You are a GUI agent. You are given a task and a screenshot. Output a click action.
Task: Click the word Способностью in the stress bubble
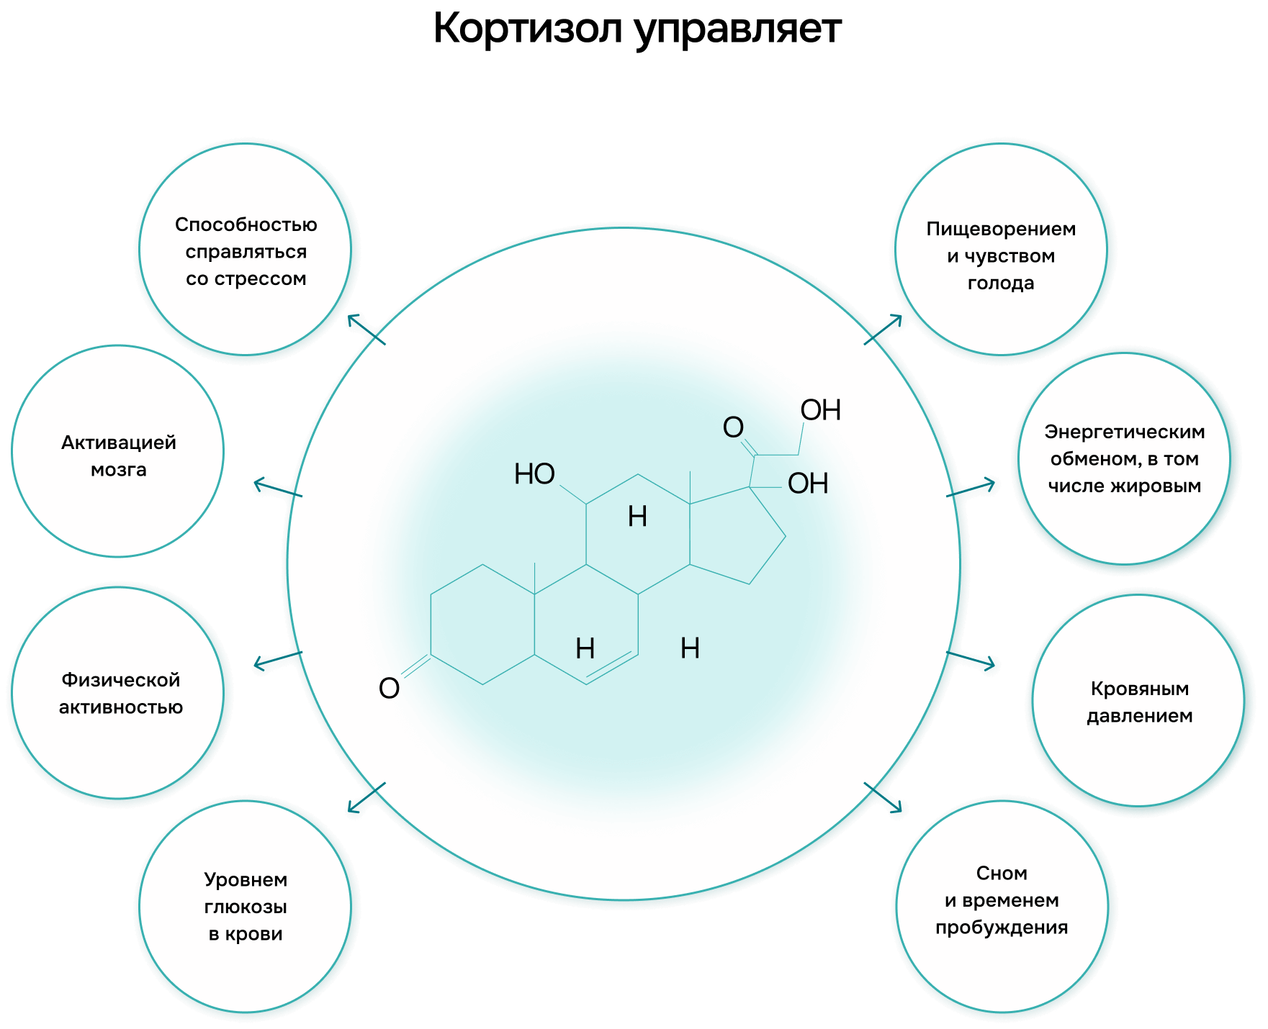click(x=246, y=225)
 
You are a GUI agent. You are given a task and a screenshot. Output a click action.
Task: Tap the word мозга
click(x=119, y=470)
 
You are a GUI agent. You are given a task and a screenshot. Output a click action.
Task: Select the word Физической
click(x=120, y=680)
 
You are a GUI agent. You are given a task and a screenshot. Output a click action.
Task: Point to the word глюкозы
click(x=246, y=907)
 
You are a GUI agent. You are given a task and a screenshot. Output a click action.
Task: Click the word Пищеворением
click(x=1001, y=230)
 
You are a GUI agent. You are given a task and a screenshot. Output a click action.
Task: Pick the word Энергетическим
click(x=1124, y=432)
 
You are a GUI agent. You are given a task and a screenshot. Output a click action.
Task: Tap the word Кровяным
click(x=1139, y=689)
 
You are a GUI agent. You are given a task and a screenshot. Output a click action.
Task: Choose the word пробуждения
click(x=1001, y=928)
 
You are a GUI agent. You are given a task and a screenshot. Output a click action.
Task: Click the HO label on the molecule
click(x=534, y=474)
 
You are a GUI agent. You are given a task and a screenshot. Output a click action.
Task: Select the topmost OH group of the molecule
click(x=821, y=410)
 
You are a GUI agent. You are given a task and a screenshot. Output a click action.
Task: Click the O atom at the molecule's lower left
click(x=389, y=689)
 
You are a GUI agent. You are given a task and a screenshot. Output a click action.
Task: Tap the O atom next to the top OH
click(x=733, y=427)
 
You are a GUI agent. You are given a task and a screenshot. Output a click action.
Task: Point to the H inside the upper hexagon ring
click(x=637, y=517)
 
